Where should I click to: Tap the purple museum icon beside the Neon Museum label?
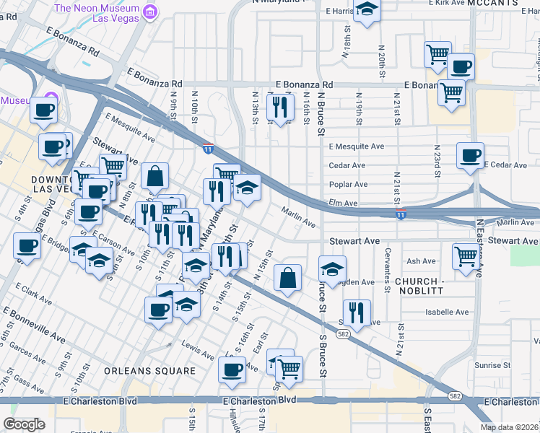click(x=150, y=11)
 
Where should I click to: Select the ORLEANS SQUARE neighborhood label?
click(x=149, y=371)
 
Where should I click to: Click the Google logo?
click(x=24, y=424)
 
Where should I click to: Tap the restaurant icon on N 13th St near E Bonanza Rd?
click(x=279, y=108)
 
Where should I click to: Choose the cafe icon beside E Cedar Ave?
click(x=470, y=154)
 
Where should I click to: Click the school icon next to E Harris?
click(x=367, y=9)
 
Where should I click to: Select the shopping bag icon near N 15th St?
click(x=288, y=277)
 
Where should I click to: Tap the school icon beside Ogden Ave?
click(x=331, y=270)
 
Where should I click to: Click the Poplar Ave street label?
click(x=348, y=185)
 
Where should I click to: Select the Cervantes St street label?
click(x=388, y=278)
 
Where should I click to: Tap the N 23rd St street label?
click(x=436, y=165)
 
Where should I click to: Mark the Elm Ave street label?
click(x=343, y=204)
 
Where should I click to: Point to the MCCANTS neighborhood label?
click(x=492, y=4)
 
